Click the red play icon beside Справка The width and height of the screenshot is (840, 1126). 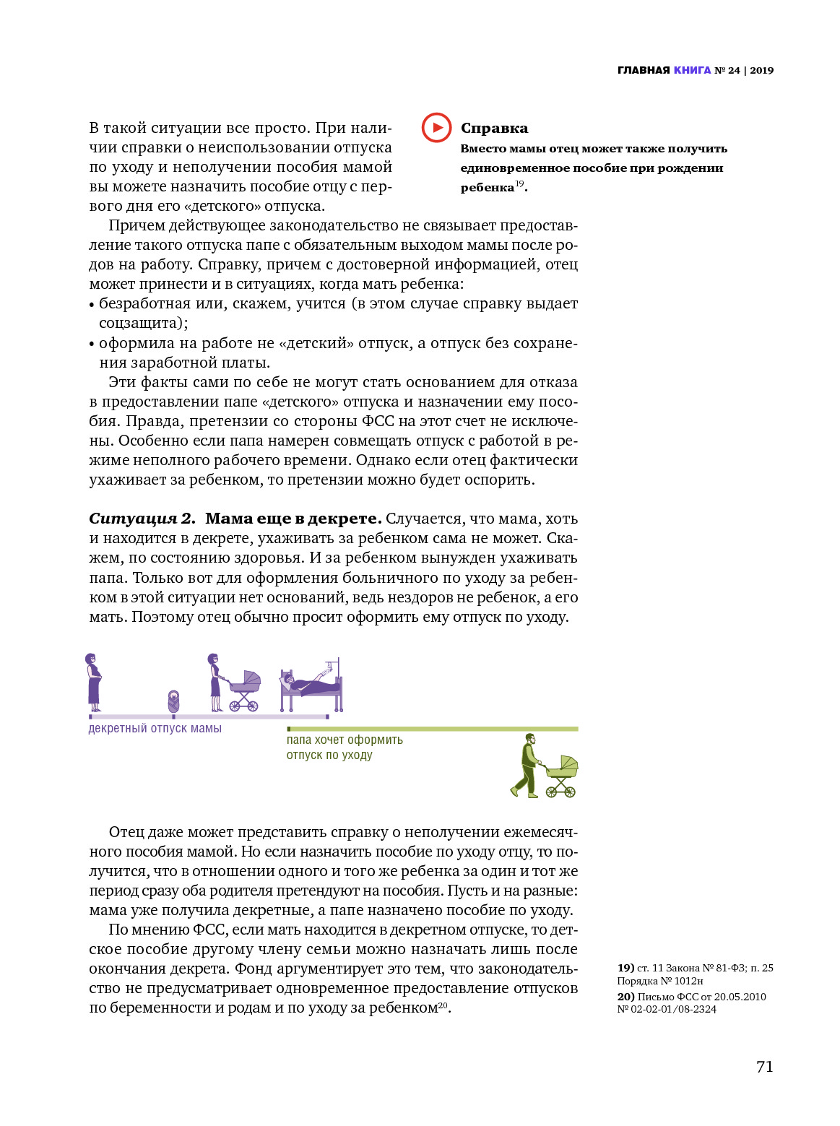point(436,128)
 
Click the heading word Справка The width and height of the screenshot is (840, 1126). point(494,129)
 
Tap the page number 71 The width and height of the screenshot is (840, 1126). point(764,1067)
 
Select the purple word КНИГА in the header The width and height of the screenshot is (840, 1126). point(692,70)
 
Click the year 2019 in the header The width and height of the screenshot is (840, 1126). point(761,70)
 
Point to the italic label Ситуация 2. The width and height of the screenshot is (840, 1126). point(142,519)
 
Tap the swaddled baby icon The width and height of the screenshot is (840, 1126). point(173,701)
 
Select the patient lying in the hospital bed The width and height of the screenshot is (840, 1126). point(307,683)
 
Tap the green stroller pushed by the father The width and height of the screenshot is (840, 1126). point(562,776)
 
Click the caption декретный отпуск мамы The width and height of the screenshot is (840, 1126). point(155,729)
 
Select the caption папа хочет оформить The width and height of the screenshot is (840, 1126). point(345,740)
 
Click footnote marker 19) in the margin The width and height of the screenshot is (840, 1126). point(625,968)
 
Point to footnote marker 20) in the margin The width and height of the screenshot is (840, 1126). point(625,997)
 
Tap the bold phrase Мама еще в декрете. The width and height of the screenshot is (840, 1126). point(293,519)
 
